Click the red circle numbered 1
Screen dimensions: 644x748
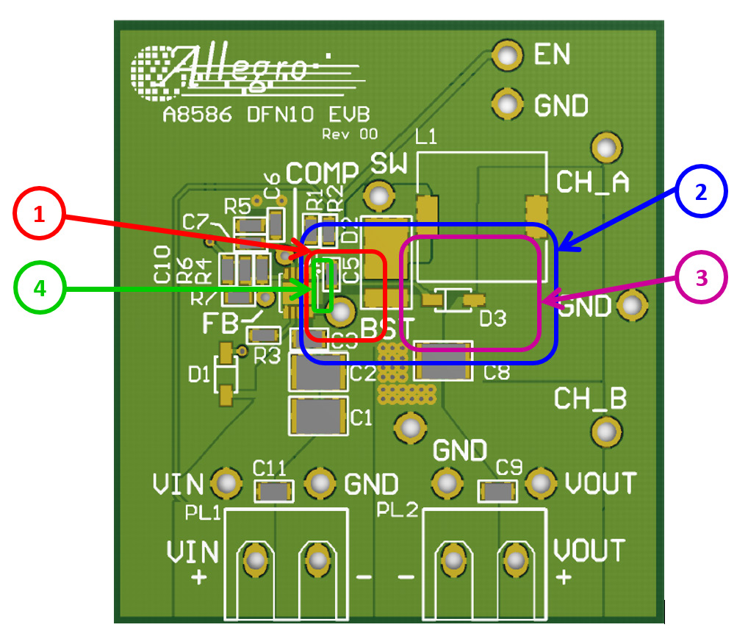(x=39, y=215)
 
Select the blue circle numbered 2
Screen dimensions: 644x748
(x=701, y=193)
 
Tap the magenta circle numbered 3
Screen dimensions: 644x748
(x=701, y=279)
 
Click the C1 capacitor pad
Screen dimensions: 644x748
(x=319, y=415)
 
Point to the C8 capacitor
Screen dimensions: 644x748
(x=442, y=361)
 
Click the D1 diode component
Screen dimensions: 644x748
(x=226, y=376)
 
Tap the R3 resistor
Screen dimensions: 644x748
(x=262, y=336)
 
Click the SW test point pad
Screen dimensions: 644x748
(x=379, y=196)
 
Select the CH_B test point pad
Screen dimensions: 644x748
(x=605, y=430)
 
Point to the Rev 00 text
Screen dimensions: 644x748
(x=350, y=135)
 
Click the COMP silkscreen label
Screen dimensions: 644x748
(x=321, y=172)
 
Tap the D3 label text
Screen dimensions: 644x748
(x=493, y=318)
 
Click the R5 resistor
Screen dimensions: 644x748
(x=251, y=224)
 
